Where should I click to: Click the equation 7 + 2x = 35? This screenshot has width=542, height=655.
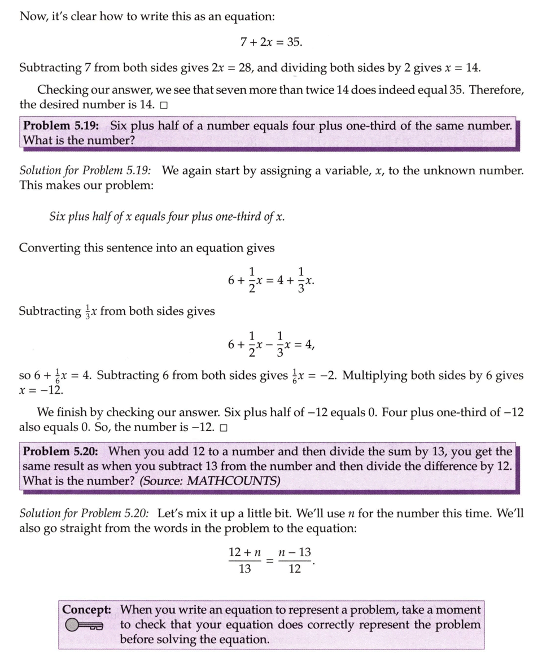pyautogui.click(x=271, y=42)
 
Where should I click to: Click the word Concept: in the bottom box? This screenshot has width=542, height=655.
pyautogui.click(x=86, y=610)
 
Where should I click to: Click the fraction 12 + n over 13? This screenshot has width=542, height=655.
pyautogui.click(x=244, y=560)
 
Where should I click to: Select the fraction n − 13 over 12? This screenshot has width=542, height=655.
pyautogui.click(x=295, y=560)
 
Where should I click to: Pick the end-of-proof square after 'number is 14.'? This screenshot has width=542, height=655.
pyautogui.click(x=164, y=105)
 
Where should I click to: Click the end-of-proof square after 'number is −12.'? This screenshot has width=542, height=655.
pyautogui.click(x=224, y=428)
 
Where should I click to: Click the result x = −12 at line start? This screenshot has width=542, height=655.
pyautogui.click(x=41, y=390)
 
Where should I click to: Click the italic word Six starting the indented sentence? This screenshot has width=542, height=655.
pyautogui.click(x=58, y=217)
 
